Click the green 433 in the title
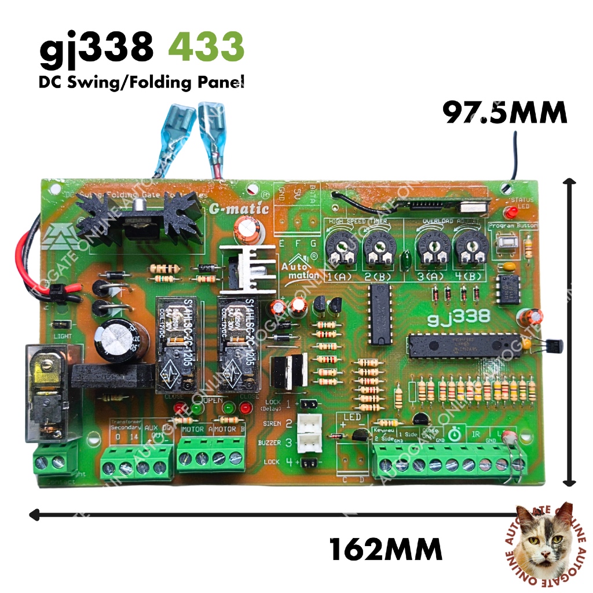[x=211, y=47]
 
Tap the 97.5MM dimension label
[x=504, y=112]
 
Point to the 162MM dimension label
[x=386, y=547]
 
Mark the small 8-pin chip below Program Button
[x=508, y=288]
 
